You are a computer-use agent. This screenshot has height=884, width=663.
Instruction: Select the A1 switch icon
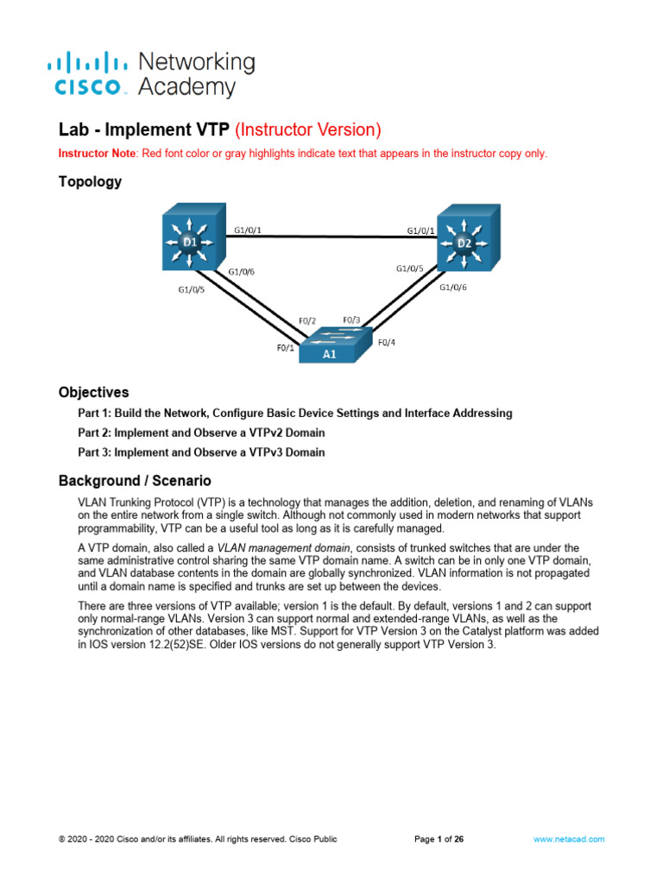click(x=332, y=346)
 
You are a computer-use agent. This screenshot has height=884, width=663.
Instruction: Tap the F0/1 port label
click(x=285, y=349)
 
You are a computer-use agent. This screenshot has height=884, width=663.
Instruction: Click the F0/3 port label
click(x=352, y=319)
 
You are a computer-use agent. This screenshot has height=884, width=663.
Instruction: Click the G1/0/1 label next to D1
click(x=248, y=230)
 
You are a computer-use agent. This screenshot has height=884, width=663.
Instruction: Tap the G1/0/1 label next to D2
click(x=421, y=230)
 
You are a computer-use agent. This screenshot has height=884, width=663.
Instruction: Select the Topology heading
click(x=90, y=182)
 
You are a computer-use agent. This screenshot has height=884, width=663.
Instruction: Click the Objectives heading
click(x=93, y=392)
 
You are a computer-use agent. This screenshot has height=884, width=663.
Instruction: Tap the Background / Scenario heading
click(x=135, y=480)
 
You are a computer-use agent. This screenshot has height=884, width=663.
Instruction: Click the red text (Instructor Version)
click(x=307, y=130)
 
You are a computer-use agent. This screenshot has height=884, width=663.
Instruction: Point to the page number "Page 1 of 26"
click(x=439, y=838)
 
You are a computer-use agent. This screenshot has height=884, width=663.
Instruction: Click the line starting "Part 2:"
click(x=201, y=433)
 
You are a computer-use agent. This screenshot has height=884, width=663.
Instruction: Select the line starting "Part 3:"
click(x=201, y=452)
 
